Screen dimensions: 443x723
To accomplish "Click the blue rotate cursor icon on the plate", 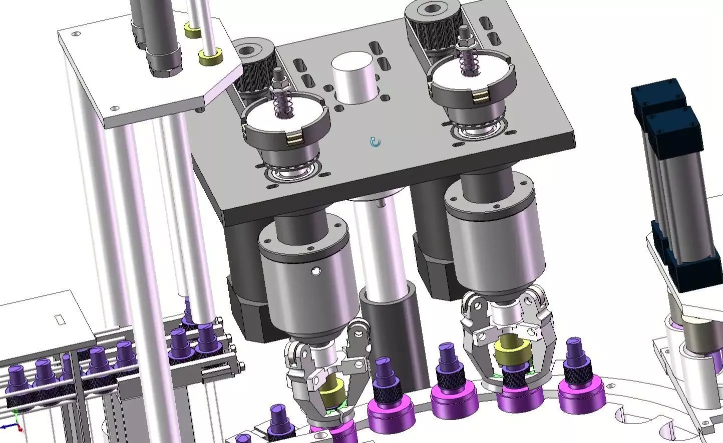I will tap(375, 142).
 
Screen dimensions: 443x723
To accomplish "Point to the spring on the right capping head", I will tap(467, 63).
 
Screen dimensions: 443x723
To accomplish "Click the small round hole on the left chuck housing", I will tap(315, 271).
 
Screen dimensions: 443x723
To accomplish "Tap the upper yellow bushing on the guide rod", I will tap(192, 30).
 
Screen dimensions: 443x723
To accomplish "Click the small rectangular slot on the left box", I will tap(59, 318).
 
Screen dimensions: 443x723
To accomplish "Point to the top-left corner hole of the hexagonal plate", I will tap(76, 34).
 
